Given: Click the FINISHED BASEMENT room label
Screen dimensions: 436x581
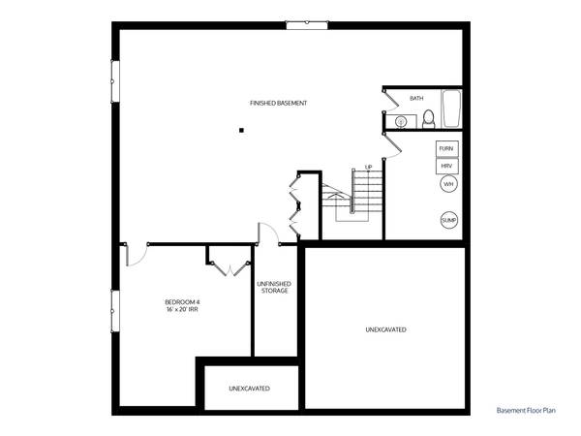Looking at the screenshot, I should [x=278, y=104].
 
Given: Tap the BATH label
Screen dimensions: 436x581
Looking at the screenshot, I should [x=416, y=98].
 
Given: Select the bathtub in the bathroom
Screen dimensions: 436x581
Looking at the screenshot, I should [x=450, y=109].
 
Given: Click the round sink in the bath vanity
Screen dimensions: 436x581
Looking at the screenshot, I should [x=401, y=121].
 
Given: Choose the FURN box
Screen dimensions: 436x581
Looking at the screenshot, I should [x=446, y=149].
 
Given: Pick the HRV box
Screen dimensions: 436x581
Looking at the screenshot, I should [x=446, y=166].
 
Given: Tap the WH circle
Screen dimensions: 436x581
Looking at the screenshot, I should [x=448, y=184].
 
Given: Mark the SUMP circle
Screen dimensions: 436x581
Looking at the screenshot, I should [x=448, y=220].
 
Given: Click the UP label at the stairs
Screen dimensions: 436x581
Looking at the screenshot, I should [x=369, y=167].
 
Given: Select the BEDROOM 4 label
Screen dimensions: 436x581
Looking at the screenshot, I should [x=182, y=302].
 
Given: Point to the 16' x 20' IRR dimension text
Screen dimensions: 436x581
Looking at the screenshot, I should [x=182, y=312].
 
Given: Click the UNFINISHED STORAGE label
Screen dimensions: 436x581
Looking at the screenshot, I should [x=274, y=288].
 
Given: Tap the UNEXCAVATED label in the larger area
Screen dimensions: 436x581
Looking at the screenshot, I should [x=385, y=330].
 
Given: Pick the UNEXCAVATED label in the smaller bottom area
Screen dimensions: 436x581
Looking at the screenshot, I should [x=249, y=389].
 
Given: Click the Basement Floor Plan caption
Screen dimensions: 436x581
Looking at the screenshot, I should [x=527, y=411].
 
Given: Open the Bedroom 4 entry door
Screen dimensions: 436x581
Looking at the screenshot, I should [x=136, y=254].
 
